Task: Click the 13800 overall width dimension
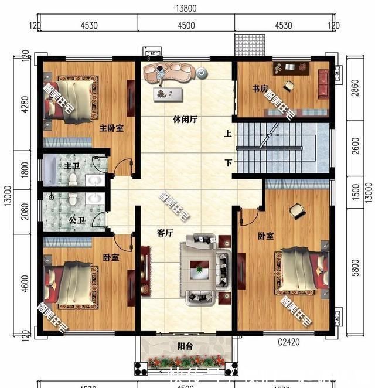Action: click(185, 8)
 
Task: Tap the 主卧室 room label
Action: click(111, 128)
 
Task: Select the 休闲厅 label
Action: click(185, 119)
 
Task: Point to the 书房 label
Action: click(260, 89)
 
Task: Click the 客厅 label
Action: click(165, 233)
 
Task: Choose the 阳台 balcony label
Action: click(185, 346)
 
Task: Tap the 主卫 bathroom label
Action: click(71, 166)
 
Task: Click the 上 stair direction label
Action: click(227, 134)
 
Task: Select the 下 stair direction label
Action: click(227, 162)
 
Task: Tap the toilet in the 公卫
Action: click(73, 200)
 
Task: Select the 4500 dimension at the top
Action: click(186, 25)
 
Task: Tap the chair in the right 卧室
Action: click(297, 210)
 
